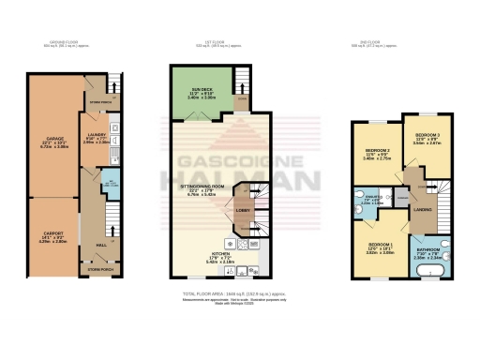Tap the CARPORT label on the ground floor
click(53, 237)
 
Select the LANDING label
click(422, 210)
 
